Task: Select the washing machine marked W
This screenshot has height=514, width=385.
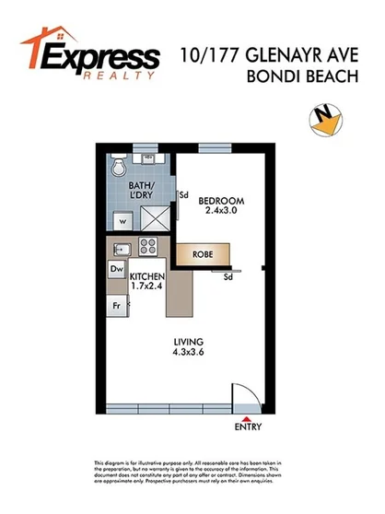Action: (120, 222)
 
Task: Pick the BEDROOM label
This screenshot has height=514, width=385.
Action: (221, 201)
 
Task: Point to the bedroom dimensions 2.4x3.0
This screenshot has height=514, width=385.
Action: (221, 212)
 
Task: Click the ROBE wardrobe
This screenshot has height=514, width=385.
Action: (203, 254)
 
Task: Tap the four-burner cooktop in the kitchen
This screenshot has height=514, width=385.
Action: (147, 247)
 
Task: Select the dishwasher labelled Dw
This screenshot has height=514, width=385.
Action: (117, 269)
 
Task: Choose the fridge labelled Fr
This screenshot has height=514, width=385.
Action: (117, 304)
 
